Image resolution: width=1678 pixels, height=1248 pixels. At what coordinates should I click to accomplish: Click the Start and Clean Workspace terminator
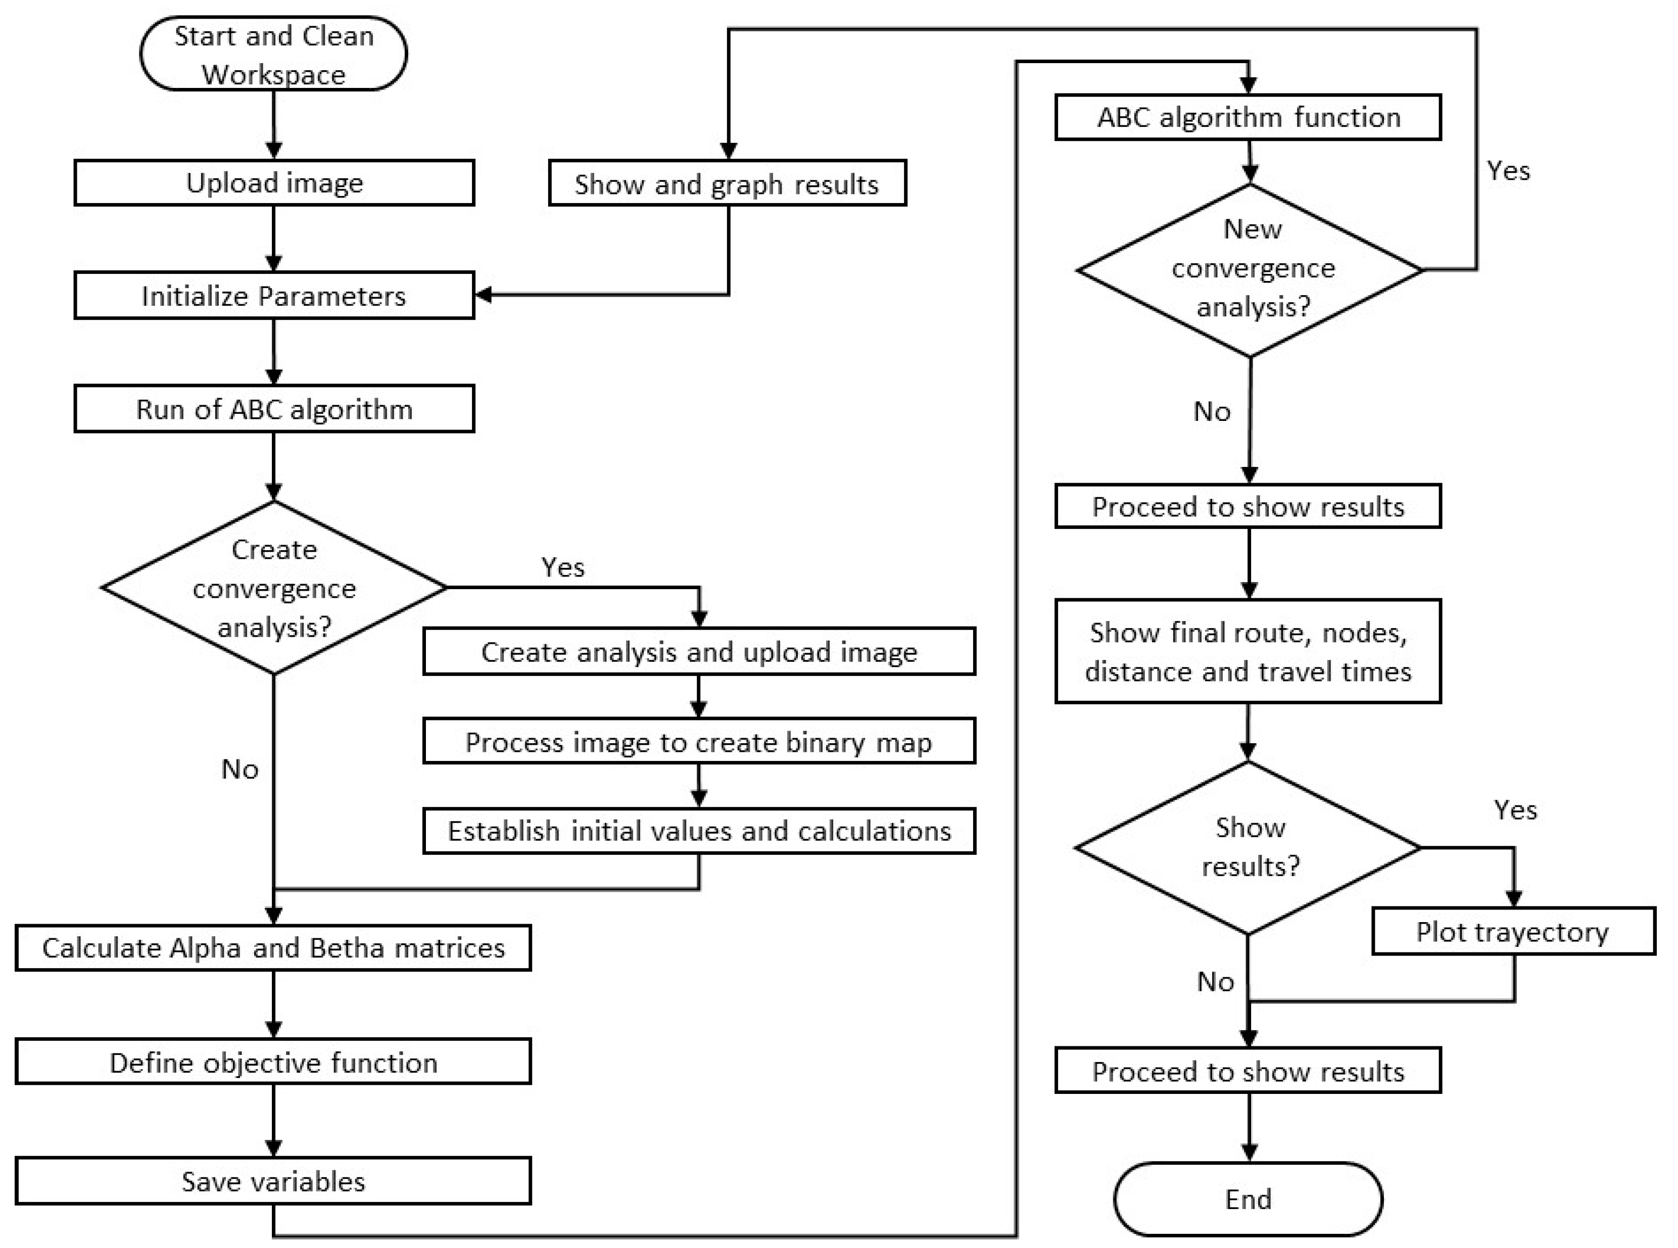(x=273, y=55)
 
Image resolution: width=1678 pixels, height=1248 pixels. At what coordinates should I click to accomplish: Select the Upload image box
(x=273, y=183)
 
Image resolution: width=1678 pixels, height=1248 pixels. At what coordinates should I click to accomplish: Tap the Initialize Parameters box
(x=273, y=296)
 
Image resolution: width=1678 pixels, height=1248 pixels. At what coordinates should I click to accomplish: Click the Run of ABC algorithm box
(x=273, y=409)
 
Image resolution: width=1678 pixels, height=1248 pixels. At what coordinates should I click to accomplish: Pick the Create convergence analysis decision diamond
(x=273, y=588)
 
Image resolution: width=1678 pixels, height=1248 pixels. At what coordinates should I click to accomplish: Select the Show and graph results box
(x=727, y=183)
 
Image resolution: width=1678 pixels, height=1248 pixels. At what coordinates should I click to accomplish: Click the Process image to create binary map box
(x=699, y=742)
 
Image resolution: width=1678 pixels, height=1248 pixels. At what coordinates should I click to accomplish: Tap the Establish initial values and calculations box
(x=699, y=831)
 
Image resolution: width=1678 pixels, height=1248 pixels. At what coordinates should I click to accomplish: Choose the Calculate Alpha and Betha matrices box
(x=273, y=947)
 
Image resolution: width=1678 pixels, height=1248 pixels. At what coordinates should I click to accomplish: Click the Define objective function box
(x=273, y=1062)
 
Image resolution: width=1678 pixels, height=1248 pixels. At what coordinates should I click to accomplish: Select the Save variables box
(x=273, y=1181)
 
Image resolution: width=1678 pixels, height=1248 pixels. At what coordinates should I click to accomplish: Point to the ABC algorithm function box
(x=1248, y=117)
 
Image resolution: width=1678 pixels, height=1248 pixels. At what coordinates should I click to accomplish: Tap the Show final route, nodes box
(x=1248, y=651)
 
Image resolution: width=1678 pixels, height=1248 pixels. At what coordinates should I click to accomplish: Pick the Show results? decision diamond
(x=1248, y=847)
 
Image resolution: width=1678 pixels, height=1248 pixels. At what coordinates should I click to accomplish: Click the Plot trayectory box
(x=1513, y=932)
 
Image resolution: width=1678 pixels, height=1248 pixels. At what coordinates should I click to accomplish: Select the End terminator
(x=1248, y=1199)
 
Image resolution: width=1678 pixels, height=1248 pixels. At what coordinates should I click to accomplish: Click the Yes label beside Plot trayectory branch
(x=1515, y=810)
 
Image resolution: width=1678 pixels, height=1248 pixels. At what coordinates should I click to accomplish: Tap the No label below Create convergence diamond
(x=239, y=769)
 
